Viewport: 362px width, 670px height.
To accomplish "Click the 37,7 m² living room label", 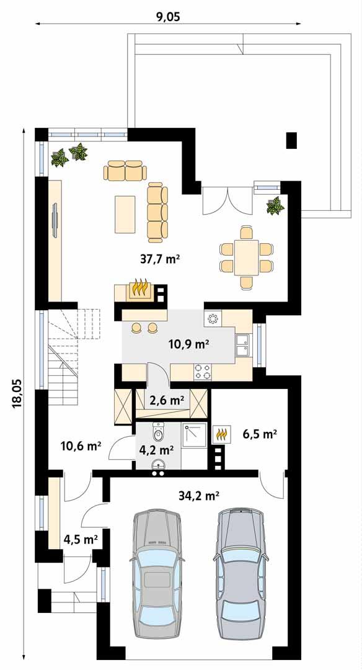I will (159, 259).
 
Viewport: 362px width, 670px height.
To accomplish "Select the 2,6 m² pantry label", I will (169, 401).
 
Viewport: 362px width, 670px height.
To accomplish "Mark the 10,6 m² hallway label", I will (81, 445).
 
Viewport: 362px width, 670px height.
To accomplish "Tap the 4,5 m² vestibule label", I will (81, 539).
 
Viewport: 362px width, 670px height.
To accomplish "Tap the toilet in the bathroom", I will (159, 429).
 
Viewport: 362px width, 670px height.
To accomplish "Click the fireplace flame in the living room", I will (140, 289).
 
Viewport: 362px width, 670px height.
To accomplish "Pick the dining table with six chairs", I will (246, 257).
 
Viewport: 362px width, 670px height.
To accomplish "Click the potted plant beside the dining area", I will (275, 205).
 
